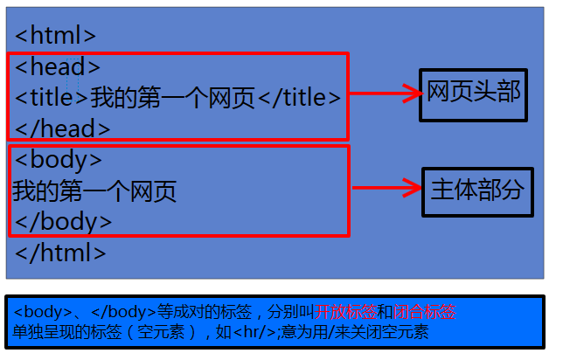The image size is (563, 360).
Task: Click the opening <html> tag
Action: click(x=56, y=36)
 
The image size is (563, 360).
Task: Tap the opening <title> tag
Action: click(x=52, y=98)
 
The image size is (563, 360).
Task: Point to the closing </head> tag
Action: click(x=63, y=129)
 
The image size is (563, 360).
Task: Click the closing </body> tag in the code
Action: click(x=63, y=221)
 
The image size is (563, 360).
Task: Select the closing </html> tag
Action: click(x=60, y=253)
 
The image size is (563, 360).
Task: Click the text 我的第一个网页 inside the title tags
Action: click(x=172, y=98)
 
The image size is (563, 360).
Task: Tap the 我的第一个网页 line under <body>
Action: click(x=94, y=191)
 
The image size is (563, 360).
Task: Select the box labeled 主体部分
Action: click(x=477, y=191)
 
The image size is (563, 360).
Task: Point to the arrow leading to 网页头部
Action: click(x=385, y=93)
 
